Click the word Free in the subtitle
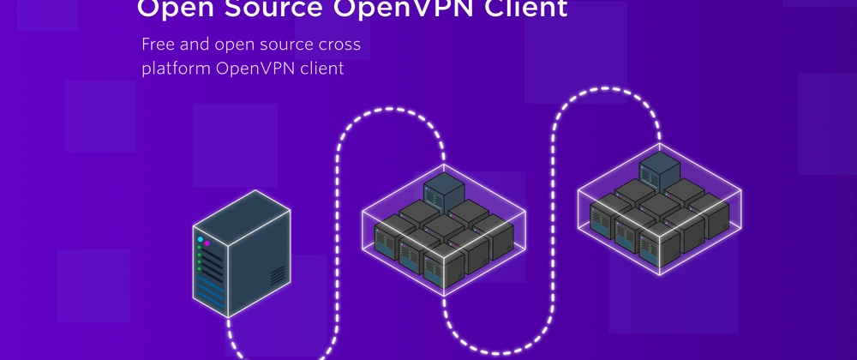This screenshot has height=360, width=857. point(159,44)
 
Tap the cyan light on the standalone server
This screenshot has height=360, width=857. point(201,239)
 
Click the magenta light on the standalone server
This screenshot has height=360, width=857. point(207,243)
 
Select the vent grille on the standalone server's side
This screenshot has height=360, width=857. point(278,275)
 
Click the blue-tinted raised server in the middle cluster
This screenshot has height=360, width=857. point(443,189)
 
